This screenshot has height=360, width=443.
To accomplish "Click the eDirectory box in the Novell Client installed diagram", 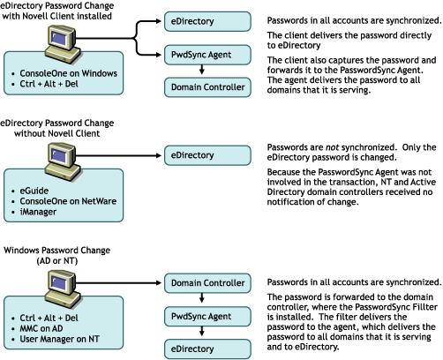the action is coord(207,21).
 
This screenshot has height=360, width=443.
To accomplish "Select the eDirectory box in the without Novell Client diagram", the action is coord(207,155).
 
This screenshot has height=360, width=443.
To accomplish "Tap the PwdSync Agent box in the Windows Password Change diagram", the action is coord(207,317).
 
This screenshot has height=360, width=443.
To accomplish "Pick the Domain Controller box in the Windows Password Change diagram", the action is coord(207,283).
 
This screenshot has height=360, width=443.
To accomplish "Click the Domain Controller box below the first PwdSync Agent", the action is coord(207,87).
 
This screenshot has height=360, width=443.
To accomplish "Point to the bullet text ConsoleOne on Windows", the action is coord(68,73).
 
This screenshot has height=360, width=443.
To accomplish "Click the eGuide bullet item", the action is coord(34,191).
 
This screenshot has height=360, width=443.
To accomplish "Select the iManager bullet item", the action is coord(38,212).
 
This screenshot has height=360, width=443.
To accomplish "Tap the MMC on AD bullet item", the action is coord(41,328).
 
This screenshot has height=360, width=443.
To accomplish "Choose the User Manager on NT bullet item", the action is coord(59,339).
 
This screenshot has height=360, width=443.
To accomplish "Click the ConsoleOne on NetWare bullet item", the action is coord(68,201).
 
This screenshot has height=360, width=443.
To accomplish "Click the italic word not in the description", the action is coord(332,147).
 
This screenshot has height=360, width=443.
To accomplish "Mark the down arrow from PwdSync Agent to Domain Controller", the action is coord(201,70).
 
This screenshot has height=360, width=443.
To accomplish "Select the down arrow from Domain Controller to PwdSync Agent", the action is coord(201,298).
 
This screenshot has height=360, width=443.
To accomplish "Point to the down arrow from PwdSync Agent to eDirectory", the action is coord(201,332).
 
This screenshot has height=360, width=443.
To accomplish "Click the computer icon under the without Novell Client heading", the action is coord(63,161).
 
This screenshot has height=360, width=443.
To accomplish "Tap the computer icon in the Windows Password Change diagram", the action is coord(63,289).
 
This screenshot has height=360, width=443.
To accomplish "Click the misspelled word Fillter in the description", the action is coord(425,307).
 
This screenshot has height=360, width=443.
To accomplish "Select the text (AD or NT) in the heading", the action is coord(57,261).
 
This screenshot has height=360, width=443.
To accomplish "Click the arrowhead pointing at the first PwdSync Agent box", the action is coord(159,55).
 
